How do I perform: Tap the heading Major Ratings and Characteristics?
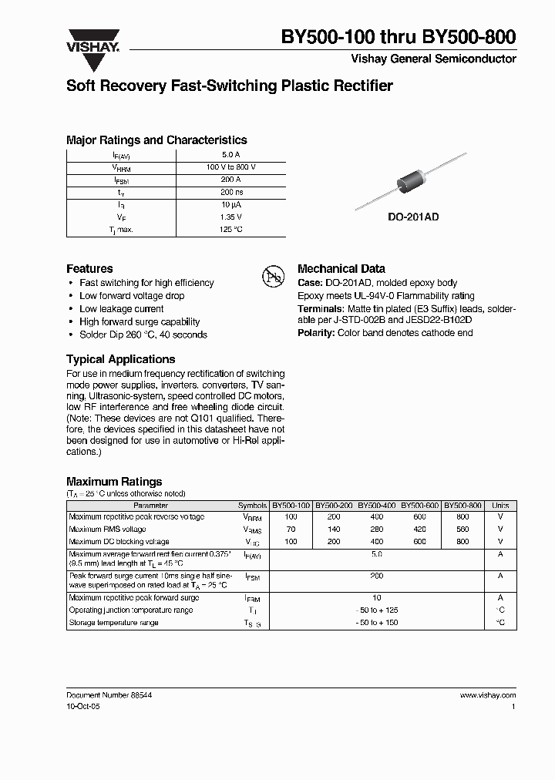coord(156,140)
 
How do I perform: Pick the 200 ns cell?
coord(230,192)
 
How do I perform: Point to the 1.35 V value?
coord(230,217)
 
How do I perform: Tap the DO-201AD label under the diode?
coord(412,218)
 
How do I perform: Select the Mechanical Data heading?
coord(341,269)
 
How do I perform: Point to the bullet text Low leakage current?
coord(121,309)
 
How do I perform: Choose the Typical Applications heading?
coord(120,359)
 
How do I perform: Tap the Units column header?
coord(499,506)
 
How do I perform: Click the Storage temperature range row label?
coord(113,623)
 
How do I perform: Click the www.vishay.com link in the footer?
coord(487,695)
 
